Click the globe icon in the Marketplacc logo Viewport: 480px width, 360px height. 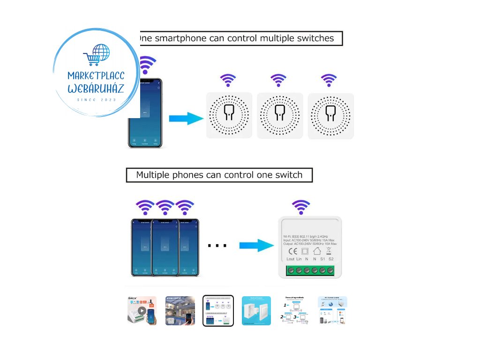click(x=101, y=53)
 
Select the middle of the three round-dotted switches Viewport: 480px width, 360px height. click(x=280, y=115)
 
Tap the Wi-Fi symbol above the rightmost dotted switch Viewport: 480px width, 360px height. click(x=329, y=80)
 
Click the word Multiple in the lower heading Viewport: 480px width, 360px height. click(x=153, y=175)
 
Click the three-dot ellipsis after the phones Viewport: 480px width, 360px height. click(x=217, y=245)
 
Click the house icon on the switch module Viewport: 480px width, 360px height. click(x=317, y=251)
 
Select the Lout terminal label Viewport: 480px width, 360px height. click(x=290, y=259)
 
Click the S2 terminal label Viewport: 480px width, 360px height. click(x=331, y=259)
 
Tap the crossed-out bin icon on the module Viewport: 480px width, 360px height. click(x=329, y=251)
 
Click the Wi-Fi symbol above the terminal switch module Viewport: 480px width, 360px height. click(x=300, y=207)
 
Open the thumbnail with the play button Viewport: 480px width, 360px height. click(x=142, y=310)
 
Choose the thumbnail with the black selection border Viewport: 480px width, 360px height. click(x=218, y=310)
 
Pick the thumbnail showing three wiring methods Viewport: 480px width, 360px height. click(x=295, y=310)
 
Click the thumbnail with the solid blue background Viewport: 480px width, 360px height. click(x=256, y=310)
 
